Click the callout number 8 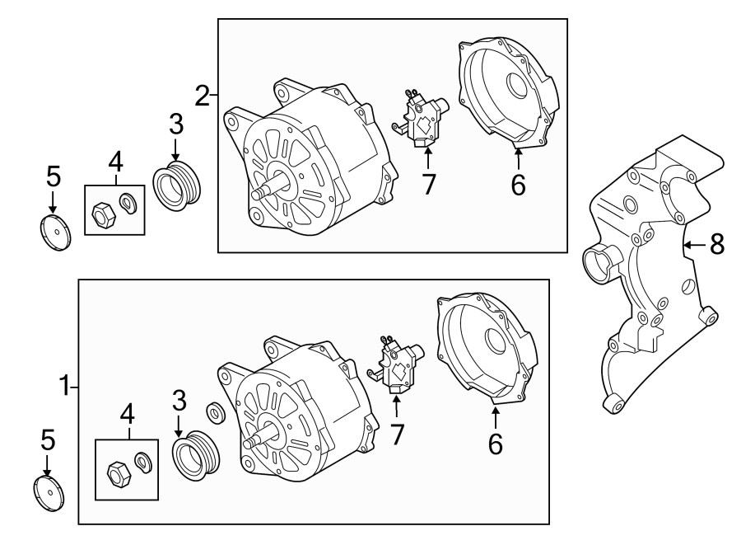coord(716,244)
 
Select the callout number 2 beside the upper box coord(203,96)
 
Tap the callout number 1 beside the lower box coord(66,384)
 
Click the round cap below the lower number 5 coord(49,493)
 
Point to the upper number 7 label coord(428,185)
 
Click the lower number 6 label coord(495,444)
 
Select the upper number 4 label coord(115,159)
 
